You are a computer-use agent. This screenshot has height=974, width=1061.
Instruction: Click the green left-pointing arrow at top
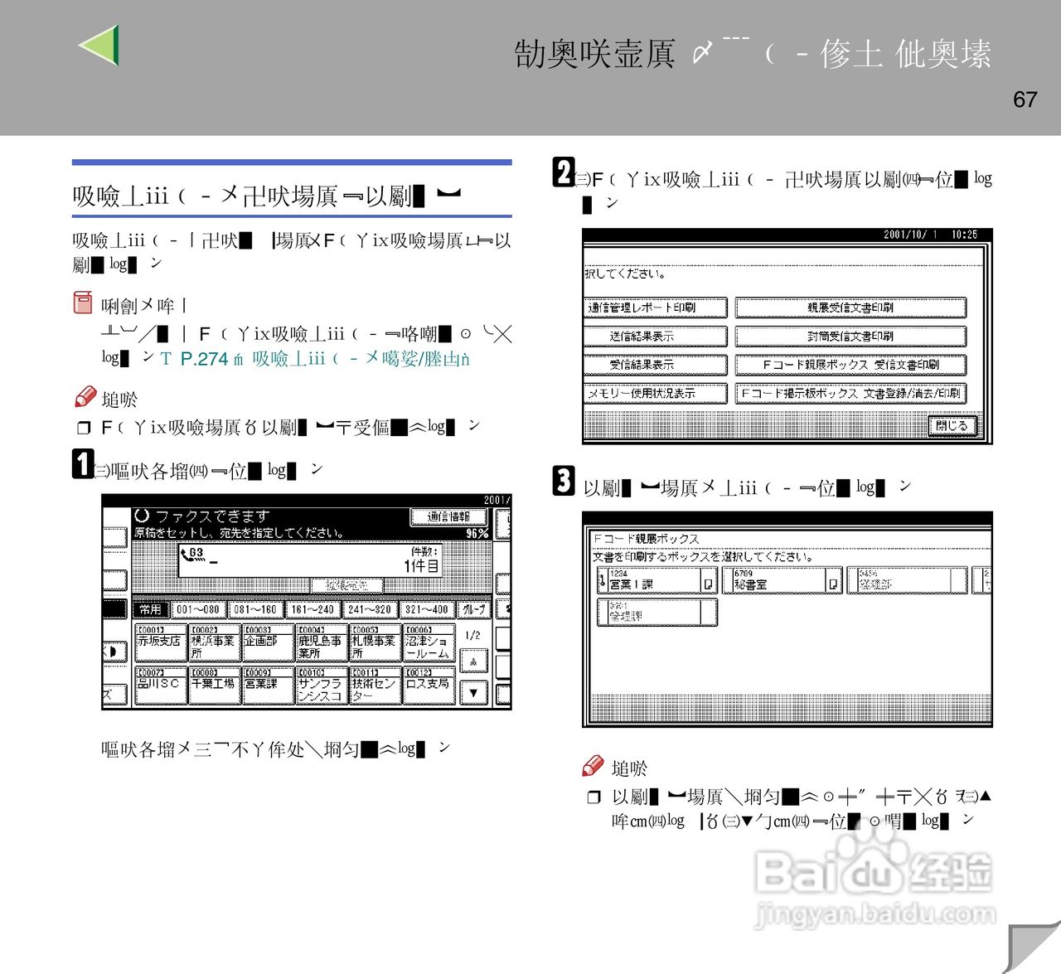(x=100, y=45)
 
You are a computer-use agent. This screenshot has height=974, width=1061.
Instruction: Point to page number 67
(x=1025, y=99)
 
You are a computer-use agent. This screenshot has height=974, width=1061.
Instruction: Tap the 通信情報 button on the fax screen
(x=448, y=517)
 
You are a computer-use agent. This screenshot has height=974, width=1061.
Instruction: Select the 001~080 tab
(x=198, y=609)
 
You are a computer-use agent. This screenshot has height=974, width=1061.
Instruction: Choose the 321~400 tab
(x=426, y=609)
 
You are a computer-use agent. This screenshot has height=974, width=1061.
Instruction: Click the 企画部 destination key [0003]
(x=267, y=642)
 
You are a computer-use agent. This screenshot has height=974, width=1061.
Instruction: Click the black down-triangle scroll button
(x=473, y=692)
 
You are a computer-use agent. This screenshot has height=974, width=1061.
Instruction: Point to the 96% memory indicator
(x=477, y=533)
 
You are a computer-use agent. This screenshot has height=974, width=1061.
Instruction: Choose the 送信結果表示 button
(x=655, y=336)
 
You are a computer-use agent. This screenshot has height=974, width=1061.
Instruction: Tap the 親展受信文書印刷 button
(x=850, y=308)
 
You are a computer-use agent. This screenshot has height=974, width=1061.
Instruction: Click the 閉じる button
(x=952, y=426)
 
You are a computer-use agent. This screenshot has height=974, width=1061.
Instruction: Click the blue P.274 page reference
(x=204, y=359)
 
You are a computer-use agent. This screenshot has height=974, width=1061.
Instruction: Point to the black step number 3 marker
(x=564, y=481)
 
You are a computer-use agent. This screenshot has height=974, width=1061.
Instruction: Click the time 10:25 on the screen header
(x=964, y=235)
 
